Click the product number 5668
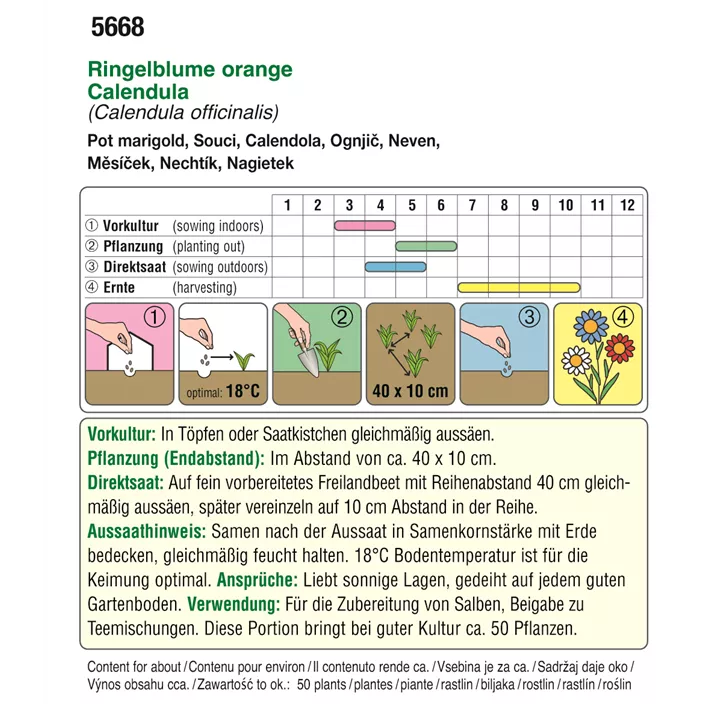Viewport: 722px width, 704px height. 117,28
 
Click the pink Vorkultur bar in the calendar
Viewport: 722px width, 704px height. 364,226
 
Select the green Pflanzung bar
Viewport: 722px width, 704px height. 426,246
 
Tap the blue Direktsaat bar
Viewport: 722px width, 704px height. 395,267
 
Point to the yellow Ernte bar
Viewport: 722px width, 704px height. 518,288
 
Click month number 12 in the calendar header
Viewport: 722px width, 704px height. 627,205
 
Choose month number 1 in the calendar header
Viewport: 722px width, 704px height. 287,205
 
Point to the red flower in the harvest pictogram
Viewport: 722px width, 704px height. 620,349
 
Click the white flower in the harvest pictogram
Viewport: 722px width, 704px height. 576,358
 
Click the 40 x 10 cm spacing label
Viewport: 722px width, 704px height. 410,391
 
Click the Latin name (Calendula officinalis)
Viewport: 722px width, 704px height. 183,113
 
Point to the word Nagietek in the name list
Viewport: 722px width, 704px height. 261,163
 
